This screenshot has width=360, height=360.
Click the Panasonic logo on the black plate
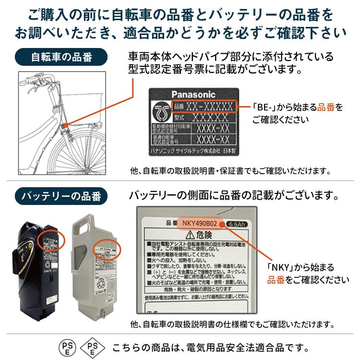point(193,95)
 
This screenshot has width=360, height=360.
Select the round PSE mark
point(67,347)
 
